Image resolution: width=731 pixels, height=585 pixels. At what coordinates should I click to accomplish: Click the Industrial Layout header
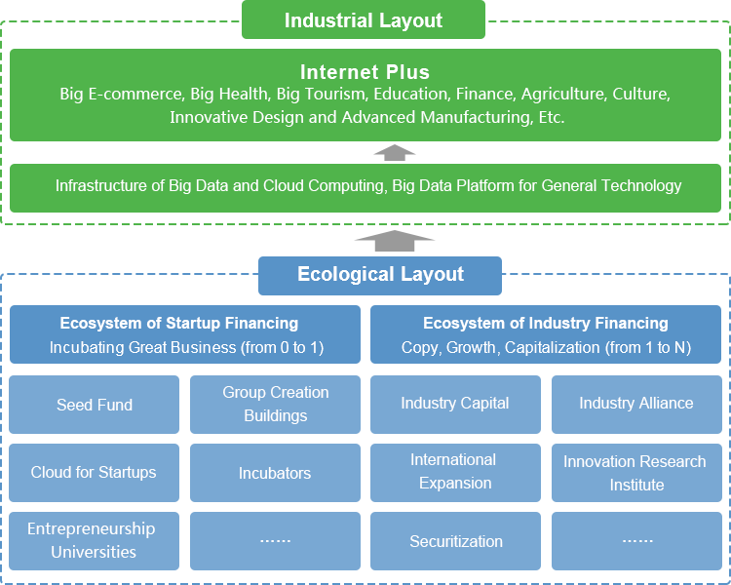(364, 20)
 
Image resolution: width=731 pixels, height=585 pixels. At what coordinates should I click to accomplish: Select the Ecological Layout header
(380, 275)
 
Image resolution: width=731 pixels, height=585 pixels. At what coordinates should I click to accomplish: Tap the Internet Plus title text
(365, 72)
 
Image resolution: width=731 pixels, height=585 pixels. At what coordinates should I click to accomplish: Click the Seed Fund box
(95, 405)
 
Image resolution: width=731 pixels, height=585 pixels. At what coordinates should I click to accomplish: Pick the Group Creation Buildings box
(276, 405)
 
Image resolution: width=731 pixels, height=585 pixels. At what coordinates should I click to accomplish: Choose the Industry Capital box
(455, 405)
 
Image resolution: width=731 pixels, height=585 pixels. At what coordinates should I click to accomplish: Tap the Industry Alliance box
(636, 405)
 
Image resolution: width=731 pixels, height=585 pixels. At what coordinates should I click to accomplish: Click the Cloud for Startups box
(95, 473)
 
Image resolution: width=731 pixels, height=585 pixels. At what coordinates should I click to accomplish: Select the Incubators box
(276, 473)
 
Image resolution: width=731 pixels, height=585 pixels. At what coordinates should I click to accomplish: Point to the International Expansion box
(455, 473)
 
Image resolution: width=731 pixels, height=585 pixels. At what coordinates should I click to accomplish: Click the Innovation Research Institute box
(636, 473)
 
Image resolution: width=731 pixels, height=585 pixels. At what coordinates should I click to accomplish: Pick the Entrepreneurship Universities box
(95, 541)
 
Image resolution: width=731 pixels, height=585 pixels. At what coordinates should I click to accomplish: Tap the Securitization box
(455, 541)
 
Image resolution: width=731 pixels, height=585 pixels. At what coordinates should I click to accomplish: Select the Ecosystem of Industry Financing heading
(546, 323)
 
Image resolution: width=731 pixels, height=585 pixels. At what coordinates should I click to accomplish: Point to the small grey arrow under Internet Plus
(394, 151)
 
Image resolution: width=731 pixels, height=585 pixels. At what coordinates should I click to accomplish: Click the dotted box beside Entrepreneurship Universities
(276, 541)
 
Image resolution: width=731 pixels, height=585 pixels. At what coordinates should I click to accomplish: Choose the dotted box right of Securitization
(636, 541)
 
